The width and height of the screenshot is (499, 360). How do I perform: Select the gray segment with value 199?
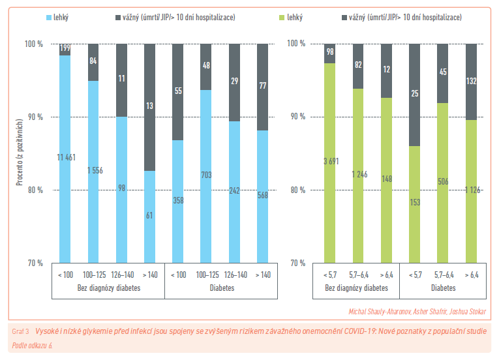point(65,49)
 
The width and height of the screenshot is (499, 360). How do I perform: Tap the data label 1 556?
point(93,170)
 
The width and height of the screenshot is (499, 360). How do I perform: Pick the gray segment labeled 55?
point(178,92)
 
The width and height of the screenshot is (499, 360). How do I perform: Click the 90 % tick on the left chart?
point(33,117)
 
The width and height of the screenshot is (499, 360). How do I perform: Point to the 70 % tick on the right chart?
point(297,263)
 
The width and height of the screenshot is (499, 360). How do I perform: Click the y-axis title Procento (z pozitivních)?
point(20,153)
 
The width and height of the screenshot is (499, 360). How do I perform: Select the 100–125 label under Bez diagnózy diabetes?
point(93,275)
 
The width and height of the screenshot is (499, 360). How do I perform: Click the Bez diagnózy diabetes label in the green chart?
point(357,288)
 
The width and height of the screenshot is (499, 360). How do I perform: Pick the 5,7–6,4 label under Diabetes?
point(443,275)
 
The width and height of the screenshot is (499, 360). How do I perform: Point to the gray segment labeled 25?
point(415,95)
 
